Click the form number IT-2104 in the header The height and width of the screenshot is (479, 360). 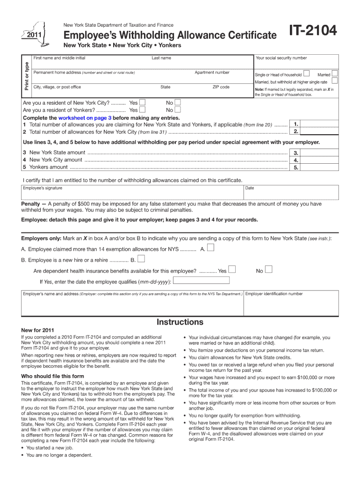coord(312,31)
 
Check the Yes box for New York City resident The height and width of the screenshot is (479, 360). coord(142,102)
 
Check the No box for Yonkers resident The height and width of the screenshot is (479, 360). coord(177,110)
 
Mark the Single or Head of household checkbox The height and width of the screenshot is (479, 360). coord(306,74)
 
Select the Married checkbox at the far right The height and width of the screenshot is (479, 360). coord(334,74)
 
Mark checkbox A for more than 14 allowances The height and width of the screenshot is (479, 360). coord(211,248)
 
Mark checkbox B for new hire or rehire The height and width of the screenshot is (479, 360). coord(141,259)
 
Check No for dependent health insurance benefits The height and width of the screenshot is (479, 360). coord(269,269)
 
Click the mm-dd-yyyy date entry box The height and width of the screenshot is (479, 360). coord(202,281)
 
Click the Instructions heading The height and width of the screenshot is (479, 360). coord(180,322)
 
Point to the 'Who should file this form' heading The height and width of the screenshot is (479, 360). coord(52,376)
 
